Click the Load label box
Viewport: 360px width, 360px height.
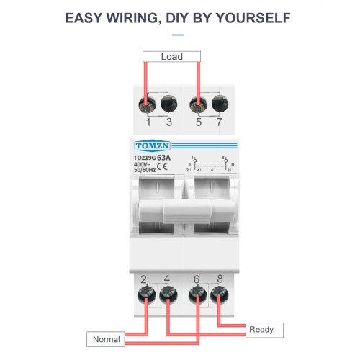(171, 56)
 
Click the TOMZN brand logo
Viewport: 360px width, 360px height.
(149, 146)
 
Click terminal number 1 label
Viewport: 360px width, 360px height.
(148, 122)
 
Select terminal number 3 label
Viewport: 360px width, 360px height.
(169, 122)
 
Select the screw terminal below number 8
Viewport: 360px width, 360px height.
(218, 292)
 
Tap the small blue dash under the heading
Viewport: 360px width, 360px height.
(179, 32)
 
